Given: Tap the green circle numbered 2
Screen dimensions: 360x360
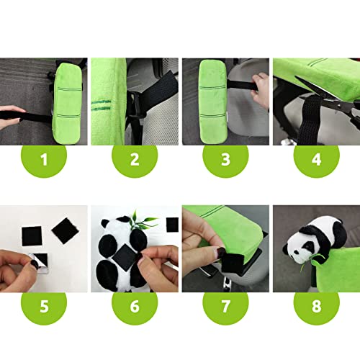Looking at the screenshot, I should (134, 159).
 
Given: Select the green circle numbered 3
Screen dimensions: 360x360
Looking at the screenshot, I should (225, 159).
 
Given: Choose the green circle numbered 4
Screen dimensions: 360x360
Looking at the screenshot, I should (315, 159).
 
